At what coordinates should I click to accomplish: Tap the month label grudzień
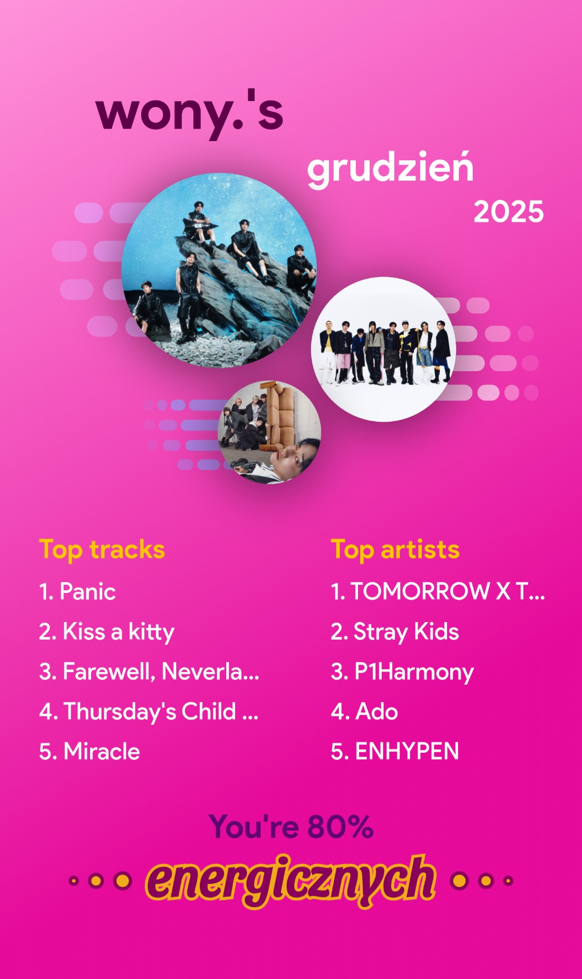390,169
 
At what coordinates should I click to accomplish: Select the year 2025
508,212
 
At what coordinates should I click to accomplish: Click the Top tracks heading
102,550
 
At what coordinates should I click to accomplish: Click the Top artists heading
395,550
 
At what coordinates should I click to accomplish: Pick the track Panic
77,591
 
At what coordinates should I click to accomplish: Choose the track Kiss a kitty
107,632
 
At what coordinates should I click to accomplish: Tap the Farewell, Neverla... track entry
149,672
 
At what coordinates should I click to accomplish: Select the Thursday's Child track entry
148,712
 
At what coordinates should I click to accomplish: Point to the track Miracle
89,752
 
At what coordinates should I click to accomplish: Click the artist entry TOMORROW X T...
438,591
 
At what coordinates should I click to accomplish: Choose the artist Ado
364,712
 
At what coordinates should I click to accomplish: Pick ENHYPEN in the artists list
395,752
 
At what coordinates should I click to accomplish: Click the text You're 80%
291,827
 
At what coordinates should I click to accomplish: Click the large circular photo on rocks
219,271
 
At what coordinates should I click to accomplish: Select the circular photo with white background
383,349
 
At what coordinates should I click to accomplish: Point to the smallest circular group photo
270,432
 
